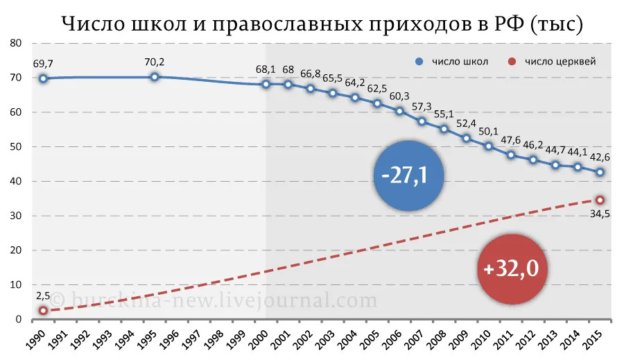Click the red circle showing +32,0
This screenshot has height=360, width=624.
[x=512, y=268]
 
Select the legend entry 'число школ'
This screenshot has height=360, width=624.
[x=453, y=61]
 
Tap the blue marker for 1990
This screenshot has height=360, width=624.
[x=43, y=78]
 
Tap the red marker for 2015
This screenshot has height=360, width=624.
[x=600, y=200]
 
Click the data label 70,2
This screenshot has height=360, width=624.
[x=155, y=61]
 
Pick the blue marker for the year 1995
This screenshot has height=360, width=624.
[x=155, y=76]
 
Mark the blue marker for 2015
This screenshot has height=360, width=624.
[x=600, y=172]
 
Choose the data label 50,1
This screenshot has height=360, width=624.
[x=488, y=130]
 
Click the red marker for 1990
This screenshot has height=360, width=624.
[x=43, y=311]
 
